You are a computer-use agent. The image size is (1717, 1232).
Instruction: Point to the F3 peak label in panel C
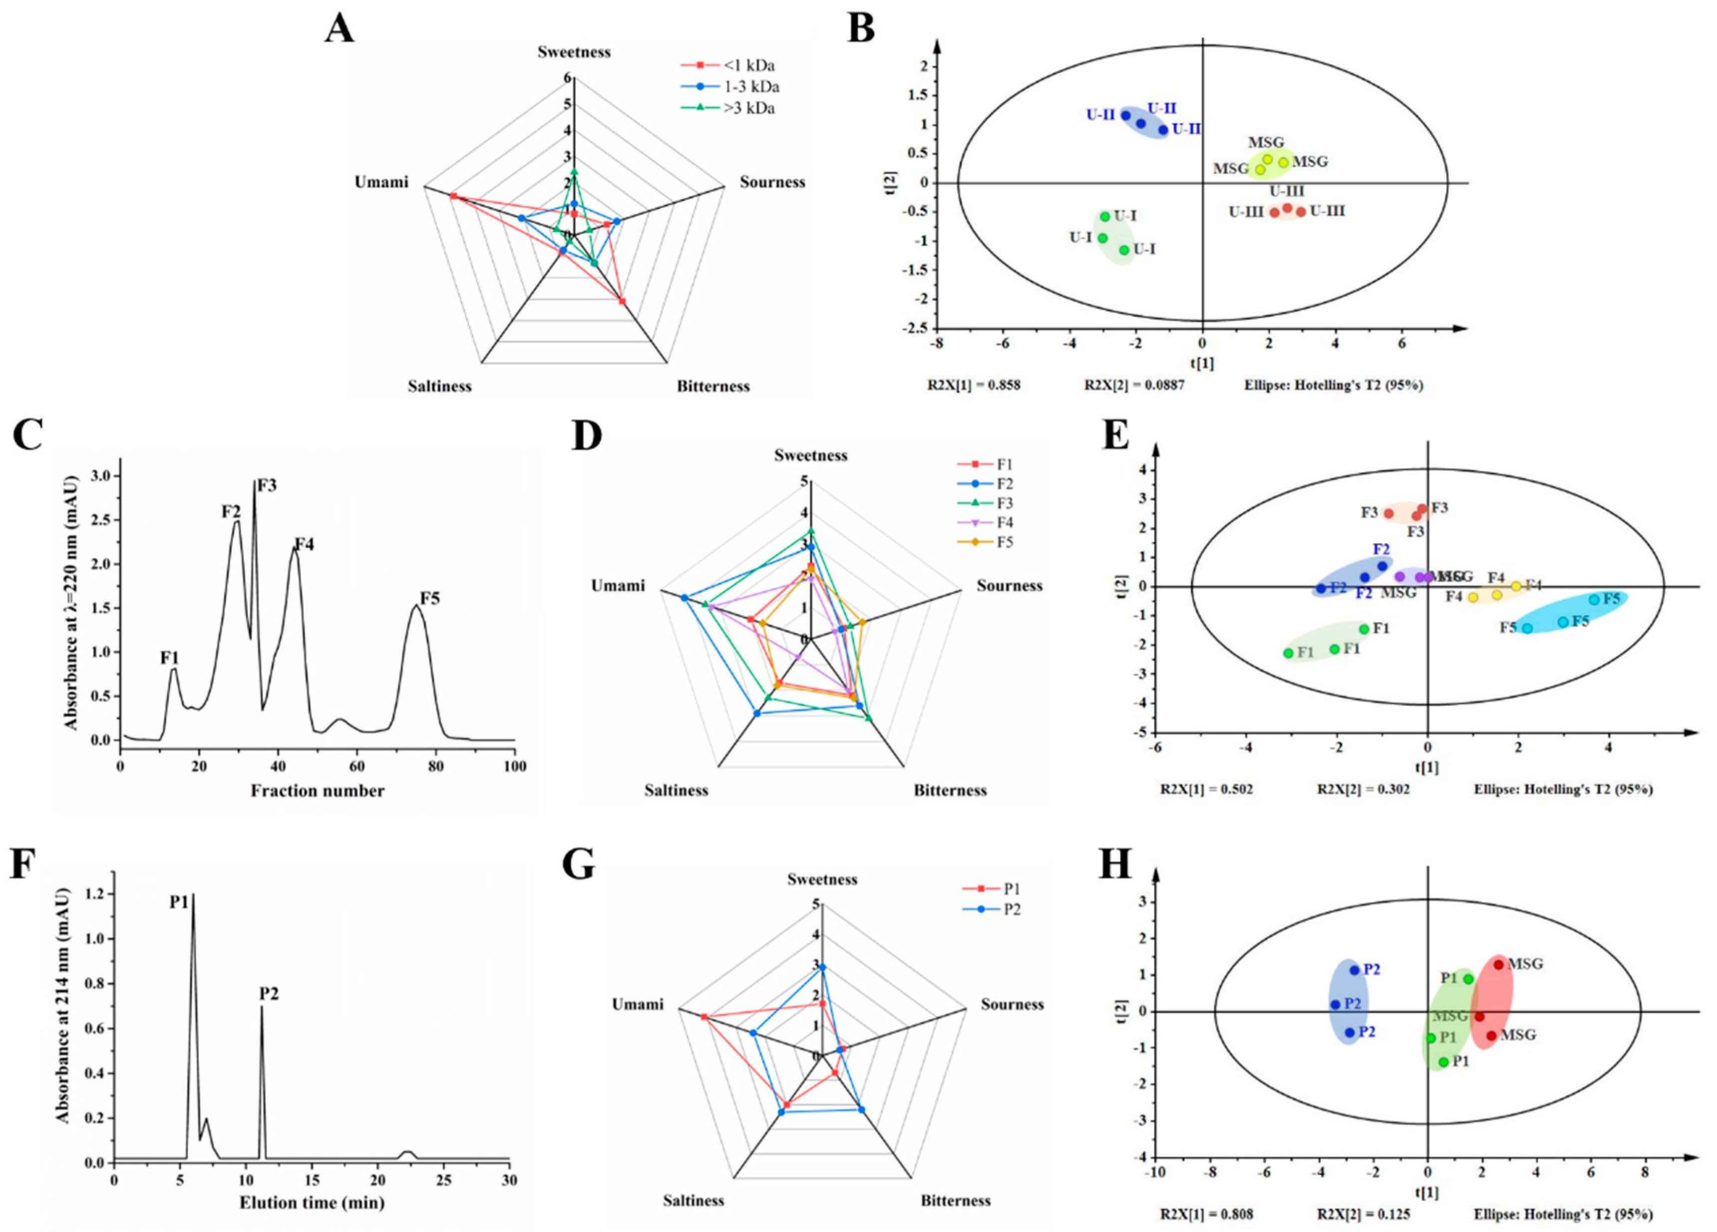(x=267, y=485)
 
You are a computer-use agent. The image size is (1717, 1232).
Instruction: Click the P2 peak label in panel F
(x=269, y=993)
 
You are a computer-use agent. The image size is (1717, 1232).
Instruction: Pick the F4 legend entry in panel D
(x=1005, y=523)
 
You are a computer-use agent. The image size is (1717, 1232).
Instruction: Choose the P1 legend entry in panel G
(x=1012, y=888)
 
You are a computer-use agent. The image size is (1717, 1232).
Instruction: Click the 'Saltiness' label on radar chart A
(x=439, y=386)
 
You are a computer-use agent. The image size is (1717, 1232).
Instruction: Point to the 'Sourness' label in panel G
(x=1012, y=1004)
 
